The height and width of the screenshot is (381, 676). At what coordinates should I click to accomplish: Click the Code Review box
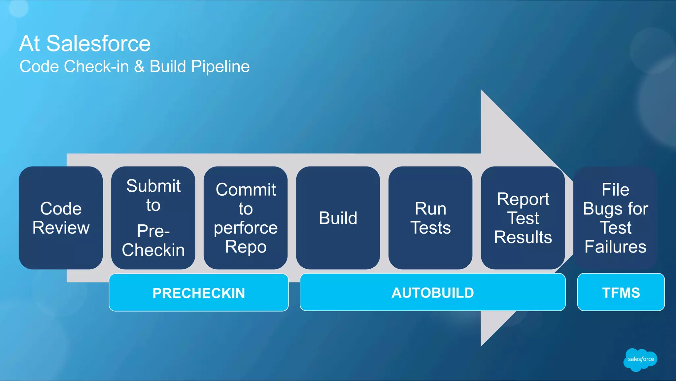61,218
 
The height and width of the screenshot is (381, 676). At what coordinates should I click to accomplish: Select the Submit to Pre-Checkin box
153,218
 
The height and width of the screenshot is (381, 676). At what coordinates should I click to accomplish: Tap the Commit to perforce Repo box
246,218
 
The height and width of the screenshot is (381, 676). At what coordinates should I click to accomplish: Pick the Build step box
338,218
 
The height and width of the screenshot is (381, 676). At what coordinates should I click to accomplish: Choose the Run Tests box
430,218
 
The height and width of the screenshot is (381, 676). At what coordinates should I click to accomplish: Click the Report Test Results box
523,218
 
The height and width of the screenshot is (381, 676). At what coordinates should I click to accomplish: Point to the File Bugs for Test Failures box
615,218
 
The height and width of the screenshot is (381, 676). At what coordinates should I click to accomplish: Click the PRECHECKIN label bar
199,293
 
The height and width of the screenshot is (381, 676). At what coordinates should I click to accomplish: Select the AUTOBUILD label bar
432,292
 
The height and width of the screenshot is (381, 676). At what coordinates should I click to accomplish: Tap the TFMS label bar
621,292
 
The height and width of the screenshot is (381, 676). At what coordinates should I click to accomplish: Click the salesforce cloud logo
640,360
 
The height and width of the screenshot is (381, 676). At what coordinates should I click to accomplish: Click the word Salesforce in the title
98,43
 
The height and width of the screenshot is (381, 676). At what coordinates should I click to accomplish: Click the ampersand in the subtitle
139,66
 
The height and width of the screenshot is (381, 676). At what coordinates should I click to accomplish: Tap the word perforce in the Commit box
246,228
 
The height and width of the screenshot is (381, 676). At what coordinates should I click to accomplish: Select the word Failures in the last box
615,247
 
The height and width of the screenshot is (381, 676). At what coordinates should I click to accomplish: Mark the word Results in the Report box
523,237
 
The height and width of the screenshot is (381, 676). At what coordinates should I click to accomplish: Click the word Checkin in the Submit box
153,250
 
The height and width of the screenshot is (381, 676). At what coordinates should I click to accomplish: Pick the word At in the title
30,43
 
